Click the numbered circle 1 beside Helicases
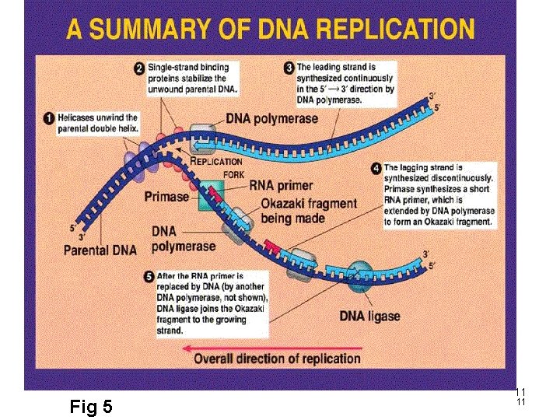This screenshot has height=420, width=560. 48,118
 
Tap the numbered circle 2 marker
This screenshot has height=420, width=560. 139,68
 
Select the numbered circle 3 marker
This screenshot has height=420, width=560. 289,68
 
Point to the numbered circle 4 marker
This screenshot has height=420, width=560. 376,167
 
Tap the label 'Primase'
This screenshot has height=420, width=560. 166,197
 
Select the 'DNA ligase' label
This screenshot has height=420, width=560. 369,316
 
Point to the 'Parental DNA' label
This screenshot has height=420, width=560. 100,250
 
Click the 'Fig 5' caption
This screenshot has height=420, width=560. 91,406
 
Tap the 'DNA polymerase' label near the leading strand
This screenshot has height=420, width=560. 272,118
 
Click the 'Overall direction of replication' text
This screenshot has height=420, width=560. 277,359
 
